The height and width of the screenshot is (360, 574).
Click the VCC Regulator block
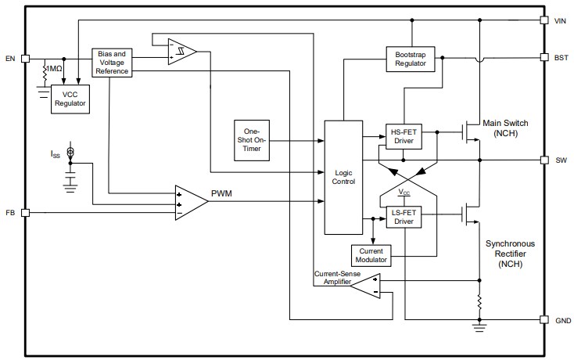(x=70, y=99)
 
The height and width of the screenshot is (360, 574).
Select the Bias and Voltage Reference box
(x=113, y=62)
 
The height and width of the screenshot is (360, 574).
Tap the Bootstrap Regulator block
(x=410, y=58)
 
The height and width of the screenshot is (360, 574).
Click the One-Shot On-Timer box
(x=252, y=142)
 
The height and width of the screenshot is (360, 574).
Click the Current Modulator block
(x=373, y=254)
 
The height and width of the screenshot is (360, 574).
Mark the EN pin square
(x=26, y=58)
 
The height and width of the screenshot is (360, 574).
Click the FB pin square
(x=26, y=212)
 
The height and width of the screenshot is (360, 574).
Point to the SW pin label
(x=561, y=160)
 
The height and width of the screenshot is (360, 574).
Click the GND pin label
(x=561, y=319)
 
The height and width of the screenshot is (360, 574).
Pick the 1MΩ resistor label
(x=55, y=70)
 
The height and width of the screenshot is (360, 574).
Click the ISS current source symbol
(x=70, y=152)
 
